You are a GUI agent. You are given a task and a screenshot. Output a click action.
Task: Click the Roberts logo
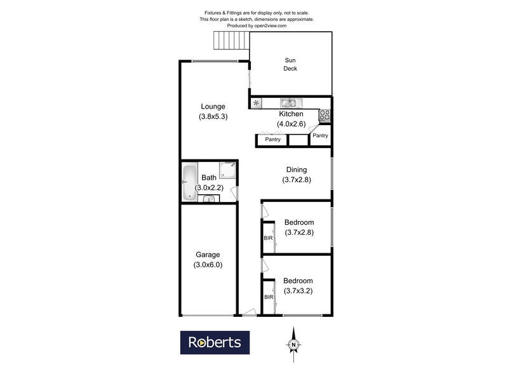click(215, 342)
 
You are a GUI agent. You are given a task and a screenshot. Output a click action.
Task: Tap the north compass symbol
click(294, 344)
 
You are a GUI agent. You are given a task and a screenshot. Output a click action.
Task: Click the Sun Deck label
click(290, 65)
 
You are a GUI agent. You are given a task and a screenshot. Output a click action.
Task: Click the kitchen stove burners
click(325, 115)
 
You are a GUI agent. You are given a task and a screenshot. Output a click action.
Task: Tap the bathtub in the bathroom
click(189, 184)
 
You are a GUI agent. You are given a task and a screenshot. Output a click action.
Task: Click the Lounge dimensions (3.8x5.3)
click(213, 117)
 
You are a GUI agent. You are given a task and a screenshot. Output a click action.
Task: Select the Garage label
click(208, 255)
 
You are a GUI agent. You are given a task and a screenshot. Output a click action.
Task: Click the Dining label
click(296, 170)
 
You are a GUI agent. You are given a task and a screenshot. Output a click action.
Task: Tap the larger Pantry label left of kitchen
click(272, 140)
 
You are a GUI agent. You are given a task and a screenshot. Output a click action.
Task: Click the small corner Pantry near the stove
click(321, 135)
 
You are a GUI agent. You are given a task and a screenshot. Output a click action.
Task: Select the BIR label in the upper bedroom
click(268, 238)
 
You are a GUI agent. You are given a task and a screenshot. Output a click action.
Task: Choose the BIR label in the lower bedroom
click(268, 297)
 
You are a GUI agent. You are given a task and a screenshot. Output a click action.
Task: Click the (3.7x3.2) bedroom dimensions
click(298, 291)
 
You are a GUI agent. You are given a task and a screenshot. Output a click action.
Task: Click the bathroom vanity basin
click(209, 199)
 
